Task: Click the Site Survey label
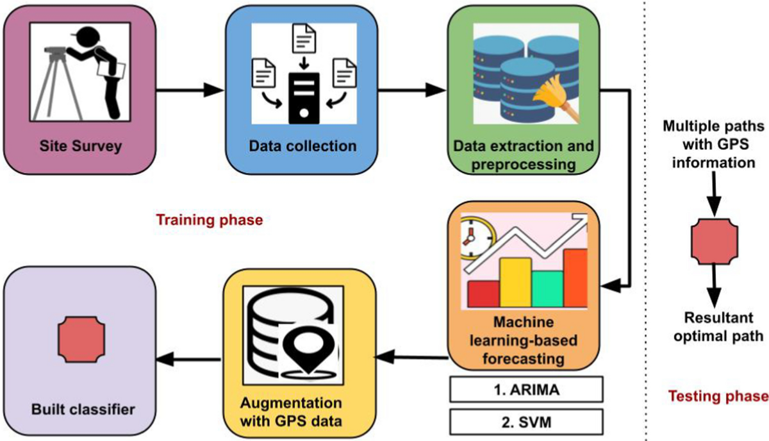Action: tap(79, 146)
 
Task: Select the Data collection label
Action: tap(302, 146)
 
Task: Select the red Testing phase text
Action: tap(717, 395)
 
